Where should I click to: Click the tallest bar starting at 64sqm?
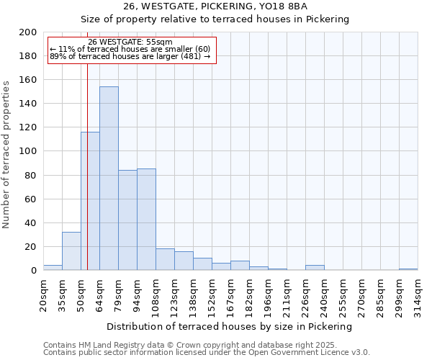tap(109, 179)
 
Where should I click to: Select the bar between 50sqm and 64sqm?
tap(90, 201)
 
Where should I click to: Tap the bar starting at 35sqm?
tap(71, 251)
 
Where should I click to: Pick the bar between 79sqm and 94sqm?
tap(127, 220)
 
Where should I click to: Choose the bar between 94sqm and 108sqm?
tap(146, 220)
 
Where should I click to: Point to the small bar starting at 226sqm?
tap(315, 268)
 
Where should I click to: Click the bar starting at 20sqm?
tap(53, 268)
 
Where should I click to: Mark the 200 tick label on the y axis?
tap(28, 32)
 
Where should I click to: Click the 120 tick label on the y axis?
tap(28, 127)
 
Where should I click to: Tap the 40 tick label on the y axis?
tap(31, 222)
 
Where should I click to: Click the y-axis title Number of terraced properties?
tap(6, 154)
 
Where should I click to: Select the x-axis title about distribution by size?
tap(230, 326)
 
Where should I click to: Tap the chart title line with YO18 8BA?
tap(215, 6)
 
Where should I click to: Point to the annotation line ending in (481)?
tap(130, 56)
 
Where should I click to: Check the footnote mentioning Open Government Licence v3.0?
tap(207, 353)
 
